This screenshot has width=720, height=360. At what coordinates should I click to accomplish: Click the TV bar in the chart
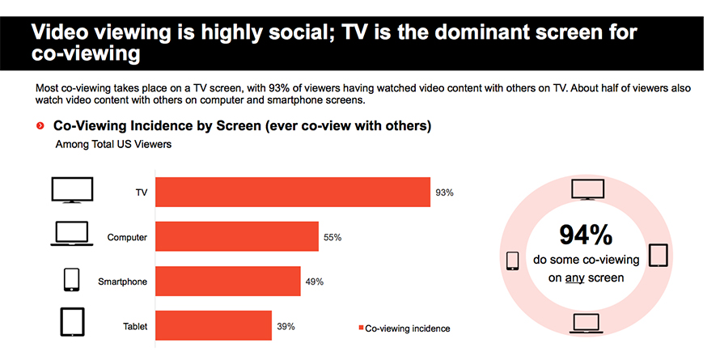(x=293, y=192)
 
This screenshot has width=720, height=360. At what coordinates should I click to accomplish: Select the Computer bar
(x=237, y=236)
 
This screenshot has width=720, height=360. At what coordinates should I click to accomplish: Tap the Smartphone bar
(x=228, y=281)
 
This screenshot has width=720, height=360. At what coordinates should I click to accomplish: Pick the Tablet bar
(x=214, y=325)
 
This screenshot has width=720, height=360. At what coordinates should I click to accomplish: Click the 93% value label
(x=444, y=193)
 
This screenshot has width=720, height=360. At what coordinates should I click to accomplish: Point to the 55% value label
(x=332, y=237)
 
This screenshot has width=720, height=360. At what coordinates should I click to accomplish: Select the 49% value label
(x=315, y=282)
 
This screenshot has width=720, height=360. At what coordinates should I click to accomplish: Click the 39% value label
(x=286, y=327)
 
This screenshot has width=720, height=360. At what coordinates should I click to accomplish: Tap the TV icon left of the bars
(x=72, y=190)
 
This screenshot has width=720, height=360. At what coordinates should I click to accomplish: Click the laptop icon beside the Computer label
(x=72, y=234)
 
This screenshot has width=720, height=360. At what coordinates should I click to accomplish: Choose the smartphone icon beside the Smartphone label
(x=71, y=280)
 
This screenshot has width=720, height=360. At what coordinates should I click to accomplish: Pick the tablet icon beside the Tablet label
(x=73, y=322)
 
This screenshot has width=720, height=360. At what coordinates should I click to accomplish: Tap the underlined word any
(x=574, y=277)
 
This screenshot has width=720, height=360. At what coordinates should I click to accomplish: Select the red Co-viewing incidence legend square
(x=361, y=328)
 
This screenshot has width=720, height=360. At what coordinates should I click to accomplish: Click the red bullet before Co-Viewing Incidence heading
(x=40, y=126)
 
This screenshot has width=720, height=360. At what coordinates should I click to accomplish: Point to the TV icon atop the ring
(x=587, y=189)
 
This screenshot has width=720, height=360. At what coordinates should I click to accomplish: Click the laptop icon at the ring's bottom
(x=586, y=324)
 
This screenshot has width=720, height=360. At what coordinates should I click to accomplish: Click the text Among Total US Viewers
(x=113, y=144)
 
